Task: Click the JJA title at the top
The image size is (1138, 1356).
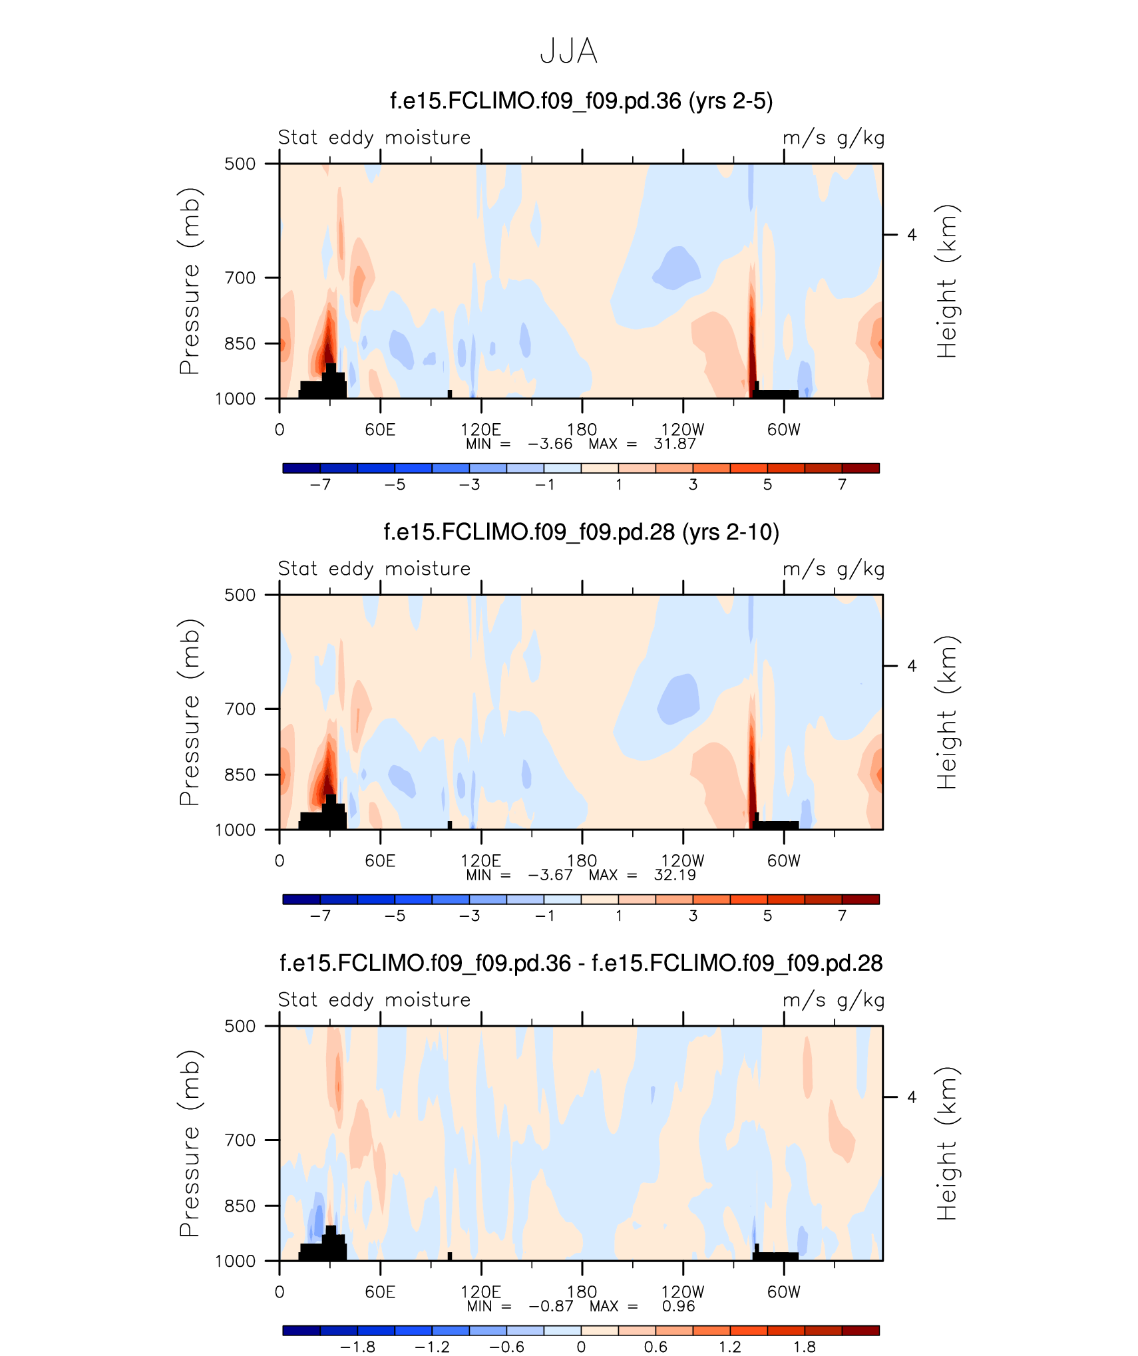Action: point(568,51)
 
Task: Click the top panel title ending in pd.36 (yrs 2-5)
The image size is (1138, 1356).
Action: point(581,101)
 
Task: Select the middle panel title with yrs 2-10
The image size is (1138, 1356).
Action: point(581,532)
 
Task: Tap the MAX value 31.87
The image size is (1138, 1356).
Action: point(674,444)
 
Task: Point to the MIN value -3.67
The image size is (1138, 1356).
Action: point(550,875)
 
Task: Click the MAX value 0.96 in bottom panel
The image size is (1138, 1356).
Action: point(678,1306)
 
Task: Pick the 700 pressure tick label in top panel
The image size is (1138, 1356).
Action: point(240,277)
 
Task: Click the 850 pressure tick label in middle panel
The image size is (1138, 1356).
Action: point(240,774)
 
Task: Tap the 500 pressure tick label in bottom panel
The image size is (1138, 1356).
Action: point(240,1026)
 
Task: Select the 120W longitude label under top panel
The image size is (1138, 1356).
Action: point(682,429)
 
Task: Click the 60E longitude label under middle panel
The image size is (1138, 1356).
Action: point(380,860)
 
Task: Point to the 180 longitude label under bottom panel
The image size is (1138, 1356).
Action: point(582,1291)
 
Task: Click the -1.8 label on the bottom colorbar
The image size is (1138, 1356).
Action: point(357,1347)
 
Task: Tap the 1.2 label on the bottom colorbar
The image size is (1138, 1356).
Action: point(730,1347)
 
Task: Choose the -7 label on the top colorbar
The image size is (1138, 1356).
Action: point(320,484)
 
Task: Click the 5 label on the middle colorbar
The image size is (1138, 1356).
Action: point(767,916)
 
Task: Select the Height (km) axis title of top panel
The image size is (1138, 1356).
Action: point(946,281)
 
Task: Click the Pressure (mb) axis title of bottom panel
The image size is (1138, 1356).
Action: point(190,1143)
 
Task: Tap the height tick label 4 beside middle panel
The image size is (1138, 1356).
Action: point(912,666)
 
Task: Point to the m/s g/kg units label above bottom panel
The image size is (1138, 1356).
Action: point(833,1000)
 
